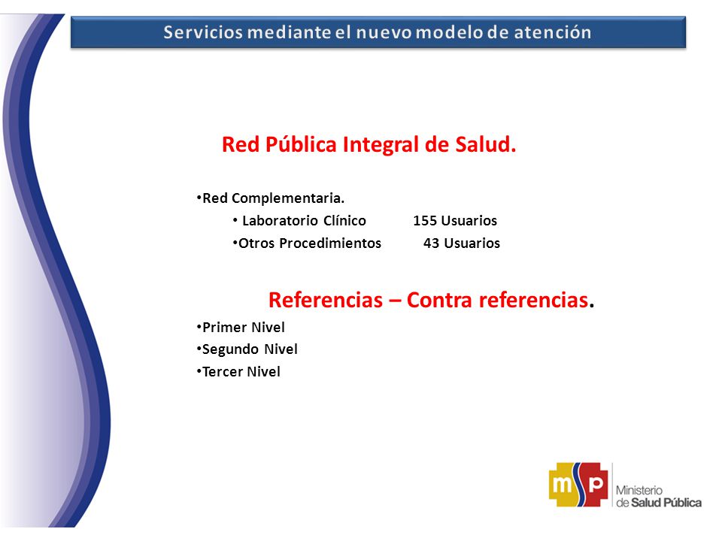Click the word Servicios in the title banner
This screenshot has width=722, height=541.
202,32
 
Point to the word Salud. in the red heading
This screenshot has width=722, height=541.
486,144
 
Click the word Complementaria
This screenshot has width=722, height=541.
288,198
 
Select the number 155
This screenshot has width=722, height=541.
424,221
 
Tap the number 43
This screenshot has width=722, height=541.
432,243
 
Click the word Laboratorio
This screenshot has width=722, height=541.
281,221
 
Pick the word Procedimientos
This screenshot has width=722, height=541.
330,243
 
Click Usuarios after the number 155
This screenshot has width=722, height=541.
469,221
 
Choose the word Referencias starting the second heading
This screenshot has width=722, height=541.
326,300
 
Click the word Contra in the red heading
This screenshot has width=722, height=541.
440,300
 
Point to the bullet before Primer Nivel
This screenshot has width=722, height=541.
199,327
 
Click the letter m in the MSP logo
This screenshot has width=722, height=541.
563,485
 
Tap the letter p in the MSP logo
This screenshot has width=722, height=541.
596,484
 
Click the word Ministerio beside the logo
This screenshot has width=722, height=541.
639,491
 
